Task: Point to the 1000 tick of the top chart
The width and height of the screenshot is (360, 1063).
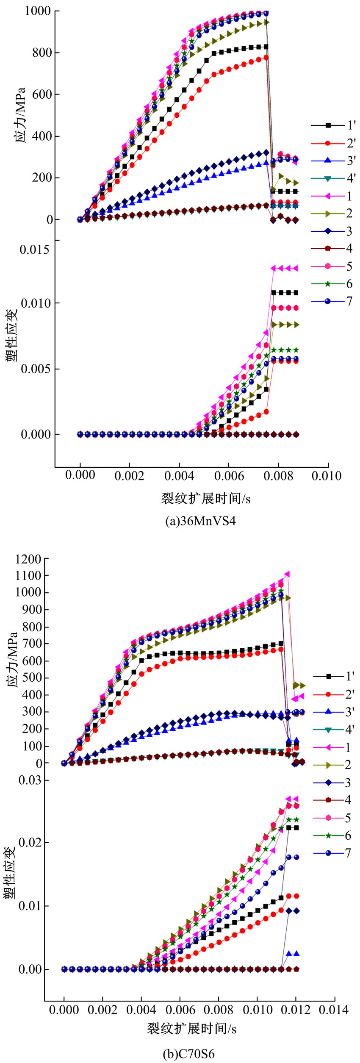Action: click(x=37, y=11)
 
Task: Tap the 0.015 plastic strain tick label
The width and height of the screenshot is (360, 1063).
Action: click(x=34, y=250)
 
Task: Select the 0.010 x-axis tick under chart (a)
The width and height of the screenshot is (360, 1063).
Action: click(x=326, y=476)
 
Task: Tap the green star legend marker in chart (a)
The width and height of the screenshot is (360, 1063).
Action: click(x=327, y=284)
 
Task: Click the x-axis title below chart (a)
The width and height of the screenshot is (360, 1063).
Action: click(x=205, y=499)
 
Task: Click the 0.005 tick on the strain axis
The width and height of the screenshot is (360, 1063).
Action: click(x=34, y=369)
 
